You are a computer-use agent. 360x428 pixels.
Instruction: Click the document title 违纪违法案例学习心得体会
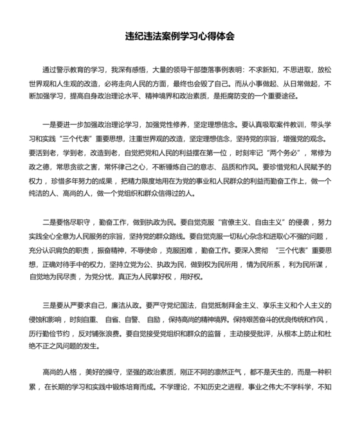point(179,36)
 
